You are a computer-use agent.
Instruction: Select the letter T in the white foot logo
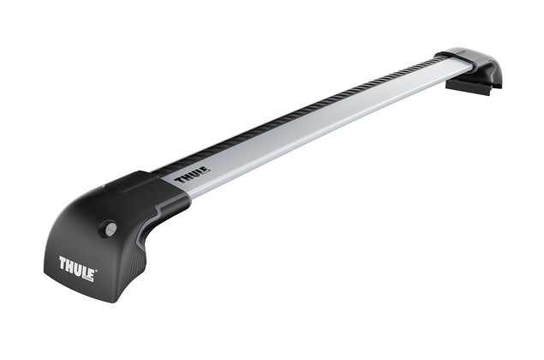[x=63, y=261]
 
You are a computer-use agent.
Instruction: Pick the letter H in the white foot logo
[x=70, y=264]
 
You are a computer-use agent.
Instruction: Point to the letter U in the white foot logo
[x=78, y=267]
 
